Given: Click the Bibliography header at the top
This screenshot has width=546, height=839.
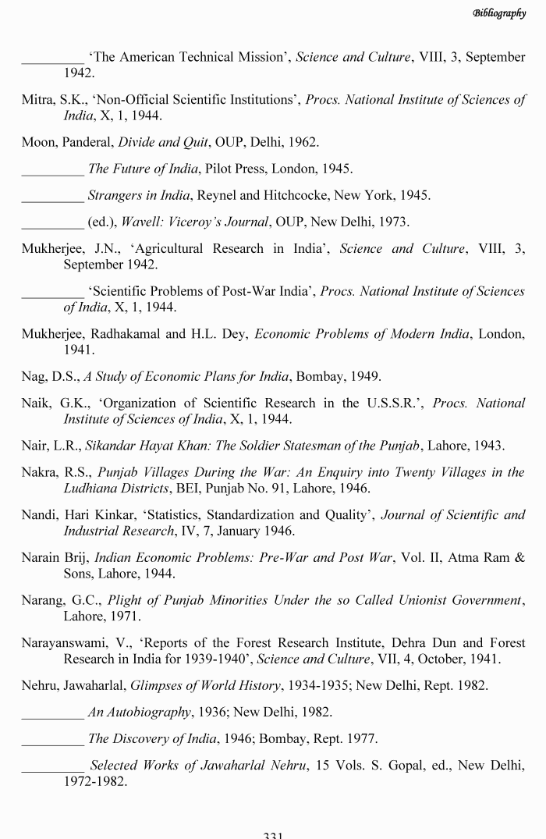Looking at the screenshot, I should [x=499, y=13].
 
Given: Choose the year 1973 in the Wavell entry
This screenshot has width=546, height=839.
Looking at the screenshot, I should [x=393, y=222].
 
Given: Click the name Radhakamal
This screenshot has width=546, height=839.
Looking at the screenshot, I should [x=124, y=334].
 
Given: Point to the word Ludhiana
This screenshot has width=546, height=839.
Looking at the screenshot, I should [x=94, y=489].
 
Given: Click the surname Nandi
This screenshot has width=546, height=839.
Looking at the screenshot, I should [x=38, y=515].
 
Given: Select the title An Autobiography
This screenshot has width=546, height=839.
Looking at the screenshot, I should [x=140, y=712].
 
